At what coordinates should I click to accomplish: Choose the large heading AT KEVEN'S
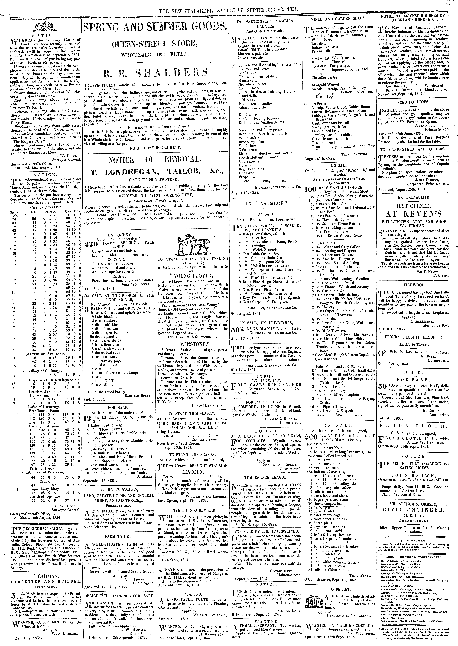413,213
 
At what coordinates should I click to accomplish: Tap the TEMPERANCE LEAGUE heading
266,477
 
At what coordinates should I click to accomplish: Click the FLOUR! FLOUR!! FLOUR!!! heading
413,337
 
